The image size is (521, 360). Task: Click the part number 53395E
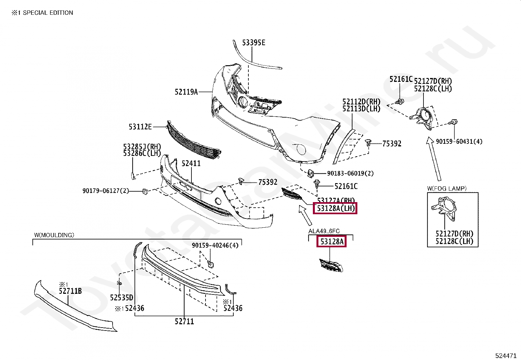[x=254, y=43]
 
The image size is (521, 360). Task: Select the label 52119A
[x=186, y=92]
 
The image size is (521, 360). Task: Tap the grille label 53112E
[x=140, y=127]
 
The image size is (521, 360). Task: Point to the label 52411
[x=191, y=163]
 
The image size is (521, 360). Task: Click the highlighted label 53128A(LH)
[x=335, y=208]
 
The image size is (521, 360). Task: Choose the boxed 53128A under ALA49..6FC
[x=332, y=242]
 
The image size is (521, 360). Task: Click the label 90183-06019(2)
[x=350, y=173]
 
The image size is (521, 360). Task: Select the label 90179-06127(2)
[x=106, y=191]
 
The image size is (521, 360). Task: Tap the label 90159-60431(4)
[x=459, y=142]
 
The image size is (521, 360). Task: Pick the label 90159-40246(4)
[x=215, y=245]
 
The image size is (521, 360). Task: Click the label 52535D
[x=121, y=298]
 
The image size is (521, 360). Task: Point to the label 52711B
[x=70, y=291]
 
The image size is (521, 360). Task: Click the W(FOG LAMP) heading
[x=447, y=188]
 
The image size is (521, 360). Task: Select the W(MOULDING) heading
[x=54, y=235]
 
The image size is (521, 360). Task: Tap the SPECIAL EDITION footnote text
[x=48, y=13]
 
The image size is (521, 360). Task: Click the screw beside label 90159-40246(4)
[x=211, y=264]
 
